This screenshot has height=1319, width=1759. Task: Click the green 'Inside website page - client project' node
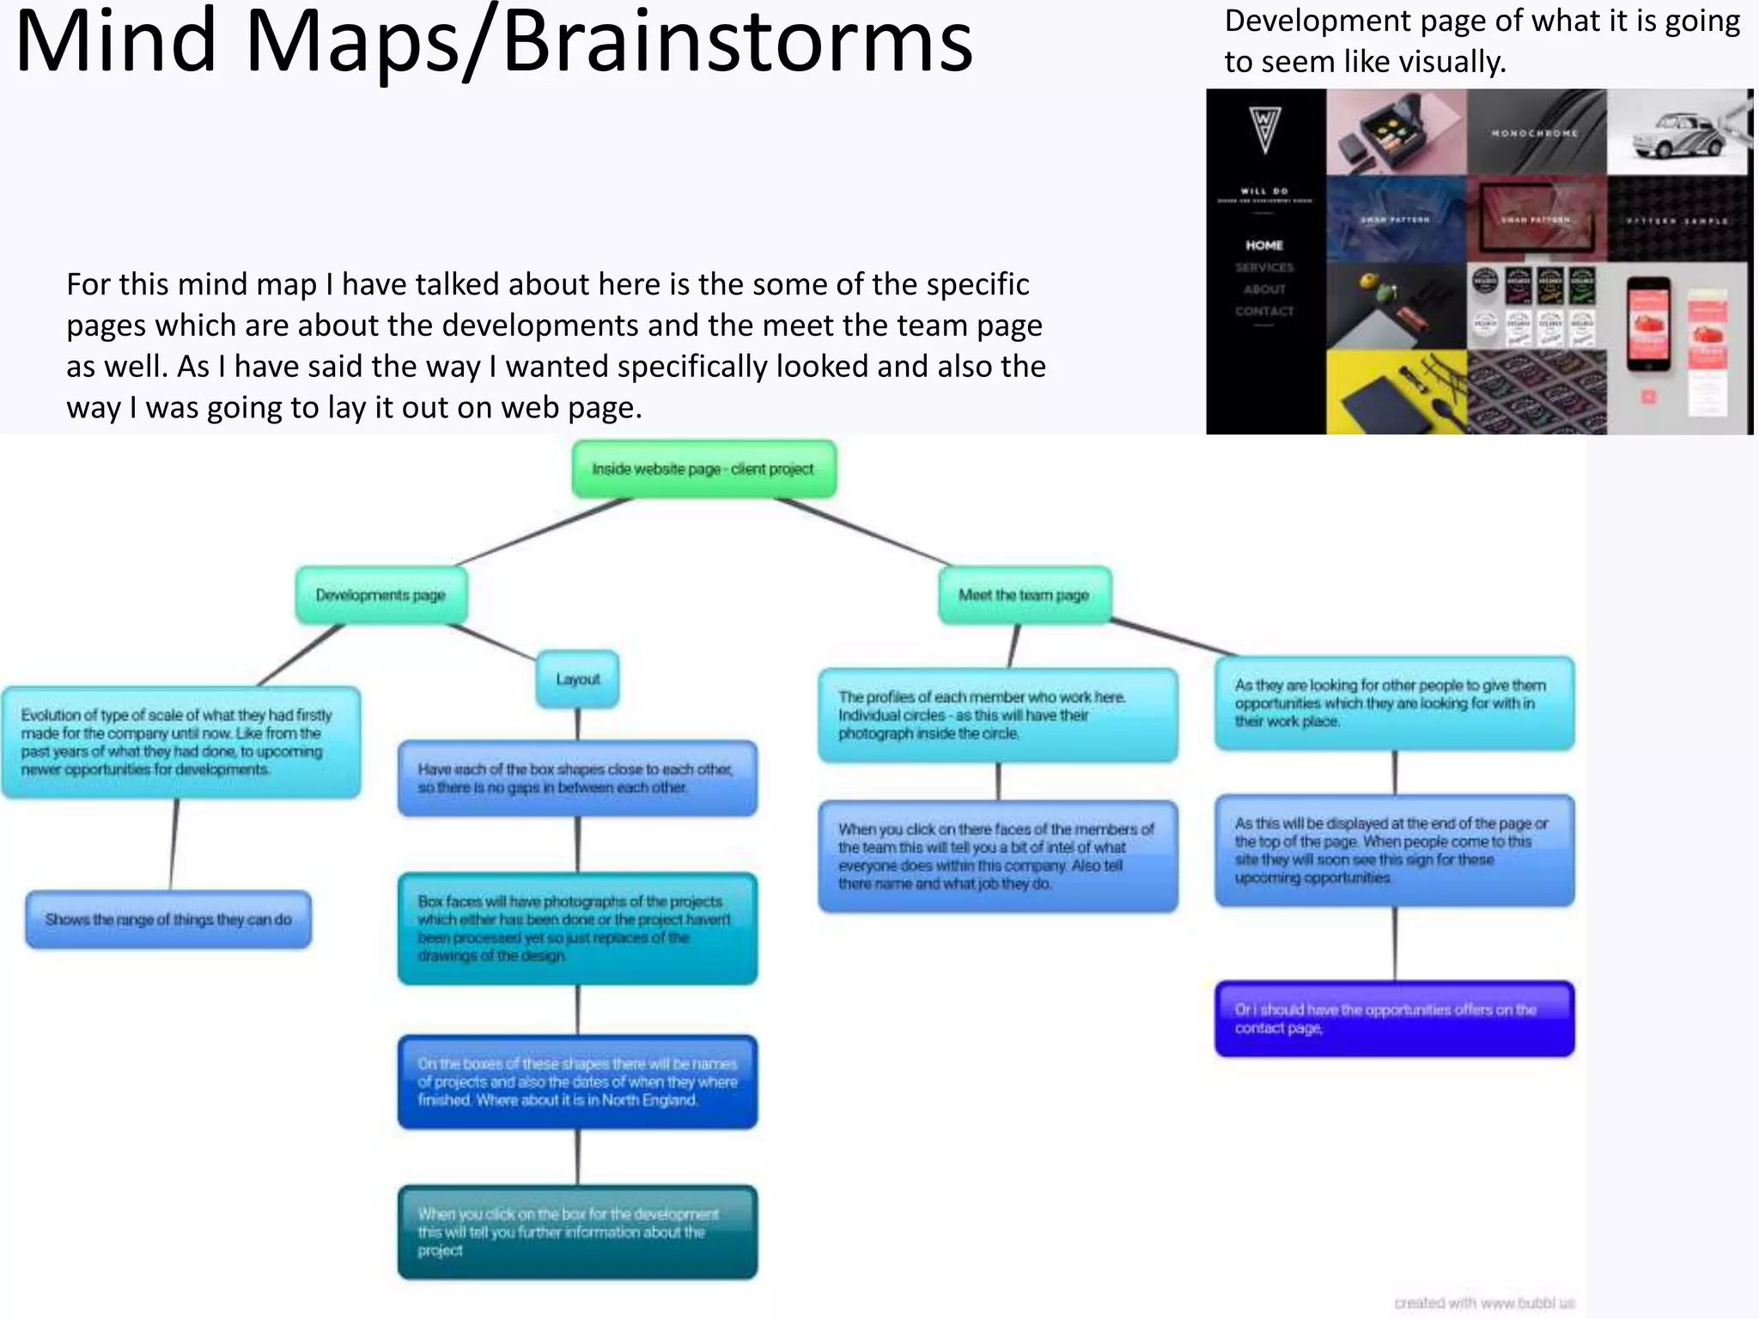point(703,469)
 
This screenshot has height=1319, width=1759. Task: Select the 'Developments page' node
point(380,595)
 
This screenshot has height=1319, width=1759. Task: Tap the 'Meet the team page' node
point(1024,595)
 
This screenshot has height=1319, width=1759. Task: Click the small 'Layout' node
point(578,679)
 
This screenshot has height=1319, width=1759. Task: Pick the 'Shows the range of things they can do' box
point(168,920)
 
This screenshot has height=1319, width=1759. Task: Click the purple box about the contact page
point(1394,1018)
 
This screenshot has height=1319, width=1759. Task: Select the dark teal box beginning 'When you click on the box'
point(577,1232)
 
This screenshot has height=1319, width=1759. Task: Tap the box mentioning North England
point(577,1082)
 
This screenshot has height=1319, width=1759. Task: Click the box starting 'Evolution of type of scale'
point(180,743)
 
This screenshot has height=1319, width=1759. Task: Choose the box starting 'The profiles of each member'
point(997,715)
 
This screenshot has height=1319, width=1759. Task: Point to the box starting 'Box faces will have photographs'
point(577,928)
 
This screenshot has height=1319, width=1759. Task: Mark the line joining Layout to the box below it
point(578,725)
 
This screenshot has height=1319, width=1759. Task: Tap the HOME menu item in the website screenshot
point(1264,246)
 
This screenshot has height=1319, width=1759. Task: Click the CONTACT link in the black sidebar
point(1264,311)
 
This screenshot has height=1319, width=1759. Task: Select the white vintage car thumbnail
point(1677,133)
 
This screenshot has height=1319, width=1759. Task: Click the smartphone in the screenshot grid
point(1648,324)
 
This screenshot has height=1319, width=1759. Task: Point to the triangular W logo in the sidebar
point(1264,128)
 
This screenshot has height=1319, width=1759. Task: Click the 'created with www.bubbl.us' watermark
point(1483,1303)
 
